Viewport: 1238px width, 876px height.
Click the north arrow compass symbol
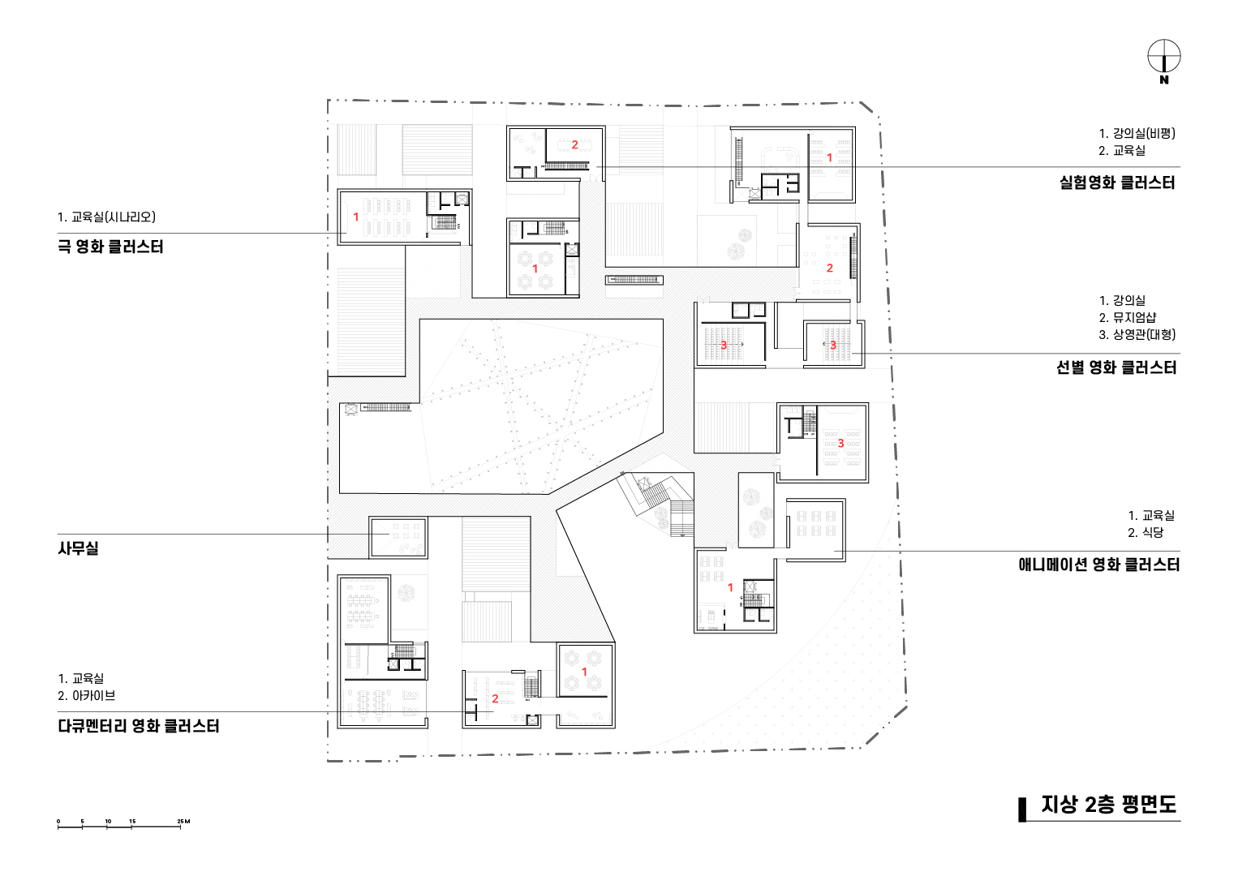click(1164, 57)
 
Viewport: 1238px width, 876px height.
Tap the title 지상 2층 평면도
click(1109, 804)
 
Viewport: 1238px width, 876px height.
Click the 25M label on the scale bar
click(183, 822)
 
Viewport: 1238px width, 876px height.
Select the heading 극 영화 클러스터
click(110, 247)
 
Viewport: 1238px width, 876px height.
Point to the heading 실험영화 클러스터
click(1117, 182)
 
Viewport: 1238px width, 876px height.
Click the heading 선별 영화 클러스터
click(1115, 367)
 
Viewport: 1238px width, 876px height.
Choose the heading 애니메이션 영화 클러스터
click(1098, 565)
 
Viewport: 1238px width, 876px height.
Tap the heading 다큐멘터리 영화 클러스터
click(138, 726)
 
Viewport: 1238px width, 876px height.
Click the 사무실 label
click(78, 548)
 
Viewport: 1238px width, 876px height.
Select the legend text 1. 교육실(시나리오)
click(106, 217)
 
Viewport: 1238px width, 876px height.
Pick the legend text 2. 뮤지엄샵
click(1128, 317)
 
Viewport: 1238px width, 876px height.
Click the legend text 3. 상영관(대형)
click(1137, 334)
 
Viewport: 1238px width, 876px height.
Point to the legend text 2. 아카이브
click(87, 695)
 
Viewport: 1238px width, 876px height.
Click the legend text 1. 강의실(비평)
click(1137, 133)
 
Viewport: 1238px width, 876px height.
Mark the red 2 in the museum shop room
click(830, 268)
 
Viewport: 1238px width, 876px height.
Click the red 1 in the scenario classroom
click(356, 217)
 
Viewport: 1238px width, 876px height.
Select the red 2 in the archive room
click(495, 699)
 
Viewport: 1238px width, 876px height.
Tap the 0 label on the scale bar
click(58, 822)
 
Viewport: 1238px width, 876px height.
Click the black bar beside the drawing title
click(1022, 809)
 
